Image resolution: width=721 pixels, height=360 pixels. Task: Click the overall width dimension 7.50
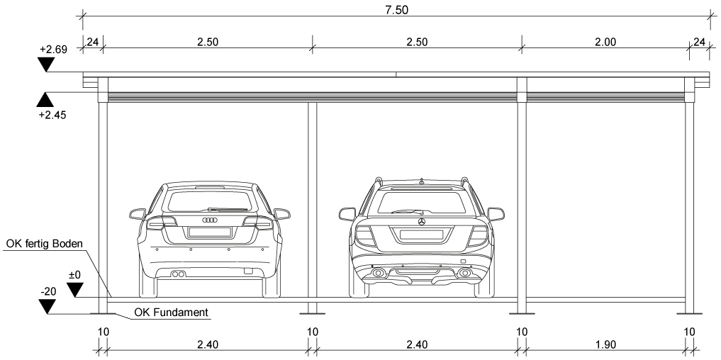(x=396, y=10)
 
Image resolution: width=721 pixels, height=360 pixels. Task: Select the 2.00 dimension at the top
(x=605, y=43)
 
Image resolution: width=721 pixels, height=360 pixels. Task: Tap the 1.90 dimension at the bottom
(x=605, y=344)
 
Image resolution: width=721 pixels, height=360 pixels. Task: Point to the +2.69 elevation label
(x=53, y=50)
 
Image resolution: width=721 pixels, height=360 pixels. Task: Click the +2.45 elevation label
(x=53, y=115)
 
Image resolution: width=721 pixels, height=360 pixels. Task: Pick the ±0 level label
(x=74, y=276)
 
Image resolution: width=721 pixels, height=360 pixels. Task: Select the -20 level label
(x=47, y=292)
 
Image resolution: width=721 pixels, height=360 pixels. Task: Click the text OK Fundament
(x=171, y=313)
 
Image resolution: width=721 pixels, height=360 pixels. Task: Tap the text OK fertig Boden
(x=45, y=244)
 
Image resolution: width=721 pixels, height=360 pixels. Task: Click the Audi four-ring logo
(x=210, y=220)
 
